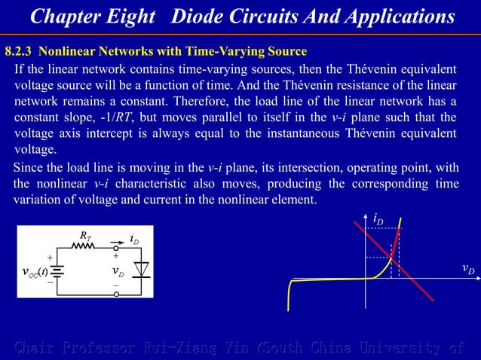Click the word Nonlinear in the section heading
coord(66,52)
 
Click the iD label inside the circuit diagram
coord(133,239)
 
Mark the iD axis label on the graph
coord(378,218)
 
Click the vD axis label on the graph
coord(468,269)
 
